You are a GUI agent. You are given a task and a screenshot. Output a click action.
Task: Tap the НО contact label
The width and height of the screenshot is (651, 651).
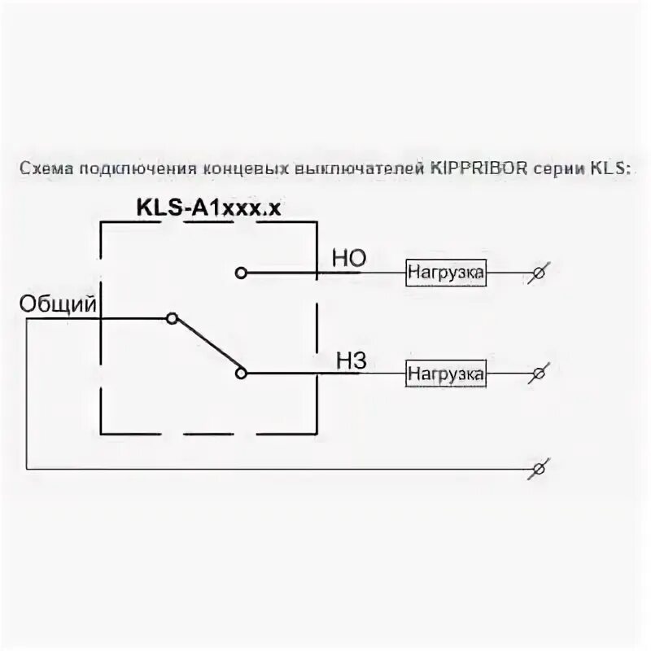click(x=348, y=259)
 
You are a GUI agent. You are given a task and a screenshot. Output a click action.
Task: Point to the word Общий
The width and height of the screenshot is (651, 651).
click(x=58, y=304)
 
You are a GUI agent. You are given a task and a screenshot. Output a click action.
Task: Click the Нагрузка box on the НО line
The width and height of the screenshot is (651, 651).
click(x=446, y=273)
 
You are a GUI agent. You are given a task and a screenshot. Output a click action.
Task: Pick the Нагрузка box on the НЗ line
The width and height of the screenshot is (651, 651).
click(x=446, y=374)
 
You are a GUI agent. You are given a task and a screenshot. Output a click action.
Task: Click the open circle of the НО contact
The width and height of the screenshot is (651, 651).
click(x=240, y=273)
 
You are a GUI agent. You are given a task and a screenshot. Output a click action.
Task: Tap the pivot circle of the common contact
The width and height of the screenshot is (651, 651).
click(x=171, y=318)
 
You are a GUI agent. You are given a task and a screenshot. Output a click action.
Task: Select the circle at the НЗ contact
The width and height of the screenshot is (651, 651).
click(x=240, y=374)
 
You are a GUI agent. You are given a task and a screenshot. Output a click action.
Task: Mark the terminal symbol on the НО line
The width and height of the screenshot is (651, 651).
click(x=536, y=273)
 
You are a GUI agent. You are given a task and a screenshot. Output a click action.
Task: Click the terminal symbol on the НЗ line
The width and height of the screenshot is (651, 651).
click(x=536, y=374)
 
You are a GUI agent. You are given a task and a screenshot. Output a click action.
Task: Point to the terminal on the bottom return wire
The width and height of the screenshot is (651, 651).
click(x=536, y=470)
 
